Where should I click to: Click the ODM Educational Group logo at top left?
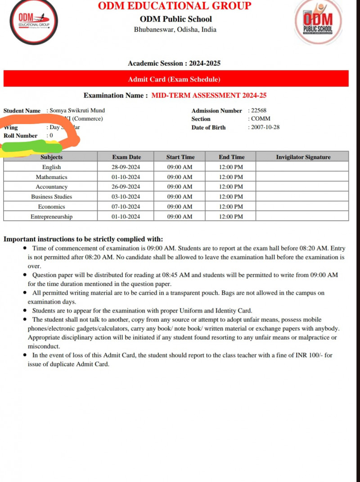pos(34,21)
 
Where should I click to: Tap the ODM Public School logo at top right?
pos(318,22)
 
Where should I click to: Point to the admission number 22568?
pos(259,111)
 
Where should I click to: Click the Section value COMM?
pos(261,119)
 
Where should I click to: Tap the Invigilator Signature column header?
pos(303,157)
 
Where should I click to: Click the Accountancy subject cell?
pos(52,187)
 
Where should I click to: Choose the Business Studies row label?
pos(52,196)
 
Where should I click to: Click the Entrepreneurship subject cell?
pos(52,216)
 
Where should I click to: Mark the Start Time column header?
pos(180,157)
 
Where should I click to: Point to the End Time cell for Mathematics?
pos(231,177)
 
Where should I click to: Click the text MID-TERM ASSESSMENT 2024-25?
pos(209,95)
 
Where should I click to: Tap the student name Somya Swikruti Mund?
pos(77,111)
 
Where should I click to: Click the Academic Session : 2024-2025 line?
pos(174,63)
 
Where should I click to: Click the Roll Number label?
pos(21,135)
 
